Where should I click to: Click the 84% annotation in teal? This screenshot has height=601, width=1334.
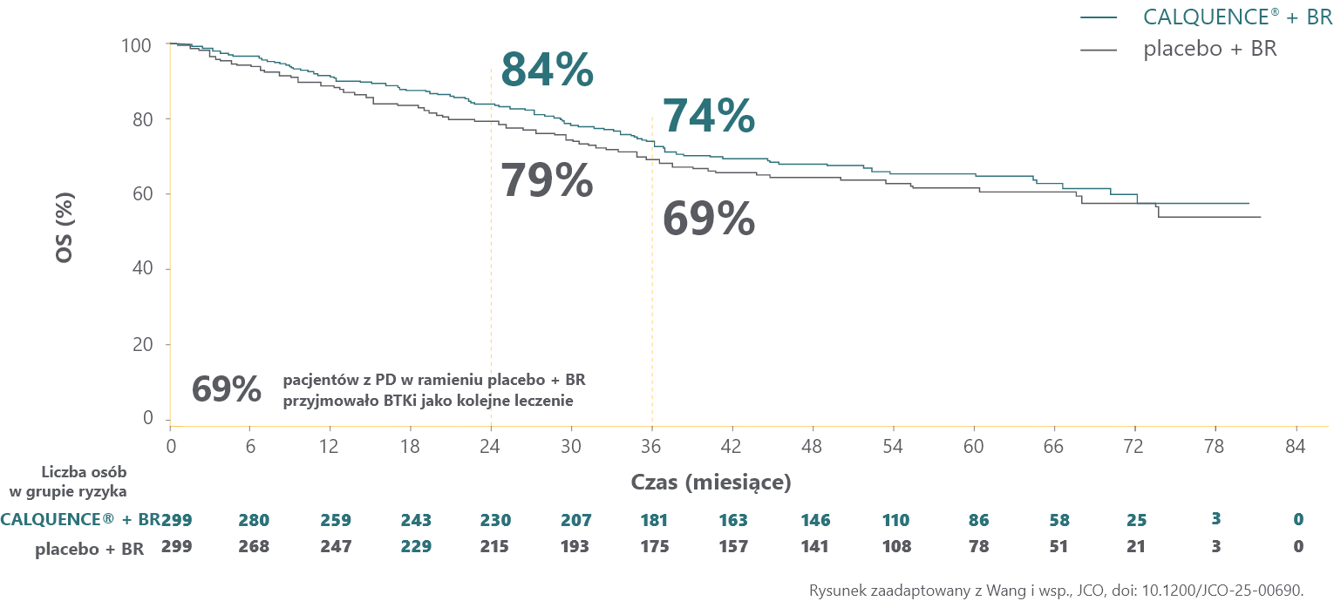[547, 71]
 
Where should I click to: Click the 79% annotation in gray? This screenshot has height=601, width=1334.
[547, 181]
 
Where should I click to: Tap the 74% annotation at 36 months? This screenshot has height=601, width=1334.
[708, 117]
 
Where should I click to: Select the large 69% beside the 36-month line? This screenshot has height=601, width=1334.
[708, 219]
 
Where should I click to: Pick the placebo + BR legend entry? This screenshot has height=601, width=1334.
[1209, 49]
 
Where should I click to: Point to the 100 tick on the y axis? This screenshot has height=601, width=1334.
[141, 44]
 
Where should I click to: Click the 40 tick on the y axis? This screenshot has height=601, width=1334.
[146, 269]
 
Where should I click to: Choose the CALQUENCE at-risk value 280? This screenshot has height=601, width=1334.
[255, 520]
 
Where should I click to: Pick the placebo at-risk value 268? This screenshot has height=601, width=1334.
[255, 547]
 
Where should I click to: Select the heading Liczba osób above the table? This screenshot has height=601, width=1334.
[84, 472]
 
